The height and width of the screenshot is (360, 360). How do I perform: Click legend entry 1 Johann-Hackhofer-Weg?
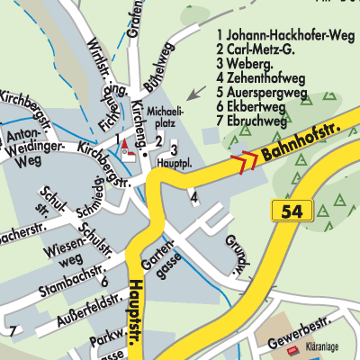tap(279, 36)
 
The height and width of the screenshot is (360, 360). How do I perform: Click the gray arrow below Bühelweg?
tap(193, 93)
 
